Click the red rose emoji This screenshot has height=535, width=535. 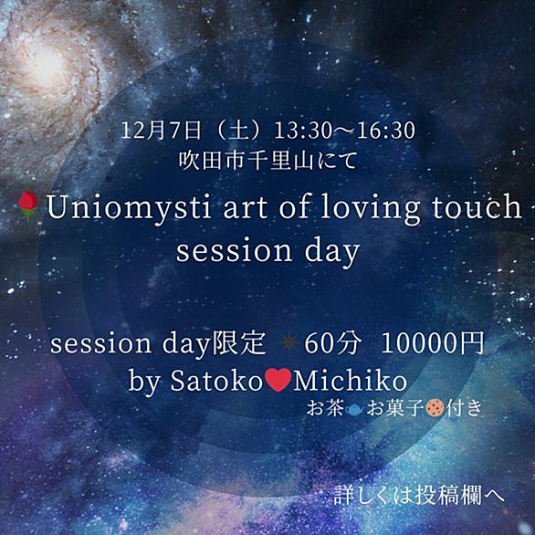tap(28, 205)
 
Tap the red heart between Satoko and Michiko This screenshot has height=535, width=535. tap(278, 380)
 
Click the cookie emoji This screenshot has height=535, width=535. tap(435, 407)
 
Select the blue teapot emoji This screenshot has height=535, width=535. tap(354, 409)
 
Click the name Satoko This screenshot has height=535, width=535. tap(215, 381)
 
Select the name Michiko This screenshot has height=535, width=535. tap(350, 380)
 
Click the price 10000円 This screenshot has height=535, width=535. tap(433, 343)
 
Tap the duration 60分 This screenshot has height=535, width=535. tap(332, 343)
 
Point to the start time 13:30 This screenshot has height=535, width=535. tap(303, 131)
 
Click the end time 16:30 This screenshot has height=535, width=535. tap(386, 131)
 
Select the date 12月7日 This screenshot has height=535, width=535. tap(161, 131)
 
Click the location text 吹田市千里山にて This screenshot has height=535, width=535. tap(268, 161)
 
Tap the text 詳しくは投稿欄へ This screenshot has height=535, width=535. tap(419, 495)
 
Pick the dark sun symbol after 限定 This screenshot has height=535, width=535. tap(289, 343)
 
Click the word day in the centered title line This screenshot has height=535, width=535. tap(332, 251)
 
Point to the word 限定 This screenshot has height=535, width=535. tap(238, 343)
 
